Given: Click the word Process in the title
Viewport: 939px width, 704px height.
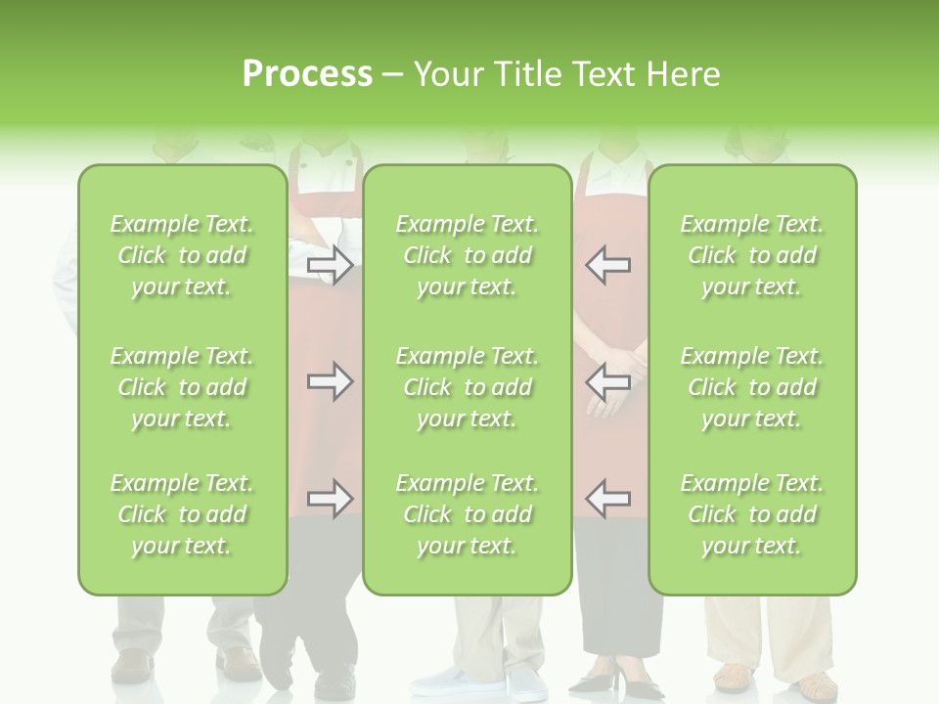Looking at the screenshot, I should pos(307,74).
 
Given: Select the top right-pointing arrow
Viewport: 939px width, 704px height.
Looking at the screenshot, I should pos(330,265).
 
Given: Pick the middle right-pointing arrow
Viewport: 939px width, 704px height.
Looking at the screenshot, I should pos(330,381).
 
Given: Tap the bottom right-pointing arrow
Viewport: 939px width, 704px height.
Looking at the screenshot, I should pos(330,499).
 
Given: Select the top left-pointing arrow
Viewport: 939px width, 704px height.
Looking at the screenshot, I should pos(608,265).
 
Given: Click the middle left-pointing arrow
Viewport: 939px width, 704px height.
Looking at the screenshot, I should pos(608,381).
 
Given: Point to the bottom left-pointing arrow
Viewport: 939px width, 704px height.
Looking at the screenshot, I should pos(608,499).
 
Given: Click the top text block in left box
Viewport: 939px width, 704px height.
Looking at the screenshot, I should pos(182,255).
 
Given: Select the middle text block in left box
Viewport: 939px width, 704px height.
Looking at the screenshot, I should pos(182,387).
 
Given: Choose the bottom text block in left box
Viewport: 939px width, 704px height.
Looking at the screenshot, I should pos(182,514).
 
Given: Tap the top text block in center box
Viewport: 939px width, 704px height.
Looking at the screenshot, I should pos(467,255).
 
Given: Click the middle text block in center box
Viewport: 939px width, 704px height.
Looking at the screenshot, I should pos(467,387).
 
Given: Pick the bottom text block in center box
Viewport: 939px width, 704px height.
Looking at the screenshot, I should pos(467,514).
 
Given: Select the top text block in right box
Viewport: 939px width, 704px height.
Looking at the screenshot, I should pos(751,255).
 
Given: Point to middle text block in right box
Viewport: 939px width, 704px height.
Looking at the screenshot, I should pos(751,387).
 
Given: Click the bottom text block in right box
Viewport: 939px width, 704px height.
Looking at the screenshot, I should pos(751,514).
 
